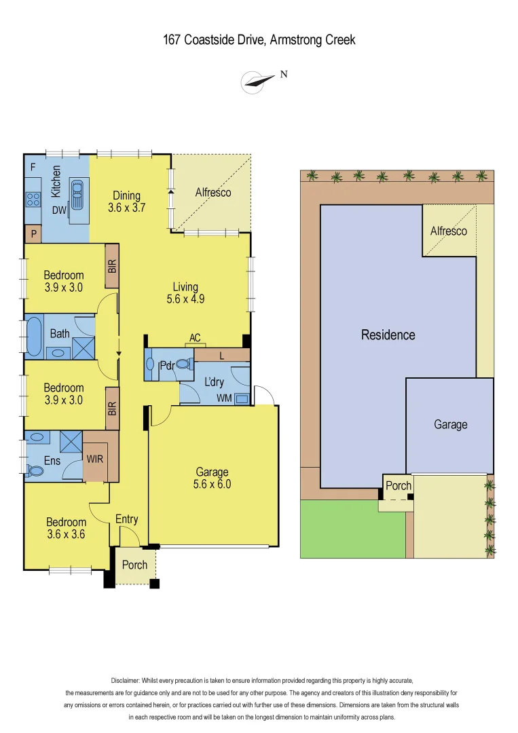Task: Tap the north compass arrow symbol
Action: pyautogui.click(x=254, y=82)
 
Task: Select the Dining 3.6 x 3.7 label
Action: pyautogui.click(x=127, y=202)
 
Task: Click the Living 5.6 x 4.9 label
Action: pyautogui.click(x=185, y=293)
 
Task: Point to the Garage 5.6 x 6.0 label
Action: pyautogui.click(x=212, y=478)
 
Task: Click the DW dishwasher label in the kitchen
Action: pyautogui.click(x=59, y=210)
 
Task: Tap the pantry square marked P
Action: pyautogui.click(x=32, y=234)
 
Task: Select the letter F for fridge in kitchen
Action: pyautogui.click(x=32, y=166)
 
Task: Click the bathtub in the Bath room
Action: pyautogui.click(x=33, y=335)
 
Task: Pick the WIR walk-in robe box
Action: pyautogui.click(x=94, y=459)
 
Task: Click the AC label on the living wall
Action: pyautogui.click(x=196, y=338)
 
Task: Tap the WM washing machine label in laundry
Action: pyautogui.click(x=223, y=398)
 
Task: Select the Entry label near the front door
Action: pyautogui.click(x=126, y=519)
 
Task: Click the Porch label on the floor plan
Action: pyautogui.click(x=134, y=565)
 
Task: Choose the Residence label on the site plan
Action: pyautogui.click(x=388, y=335)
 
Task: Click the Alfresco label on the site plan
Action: pyautogui.click(x=448, y=231)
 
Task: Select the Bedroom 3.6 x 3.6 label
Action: pyautogui.click(x=66, y=528)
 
